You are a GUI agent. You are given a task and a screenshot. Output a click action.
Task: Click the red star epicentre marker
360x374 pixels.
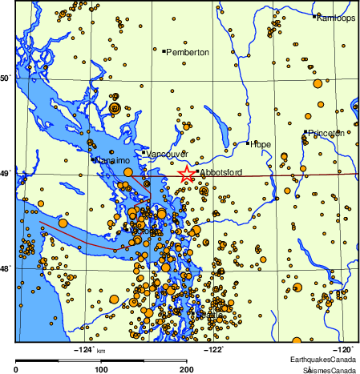click(186, 174)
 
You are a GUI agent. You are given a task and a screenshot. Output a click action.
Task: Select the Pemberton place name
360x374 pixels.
click(188, 52)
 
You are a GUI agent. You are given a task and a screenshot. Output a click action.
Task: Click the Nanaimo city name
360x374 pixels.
click(112, 161)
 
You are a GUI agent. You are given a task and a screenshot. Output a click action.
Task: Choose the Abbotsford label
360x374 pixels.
click(219, 172)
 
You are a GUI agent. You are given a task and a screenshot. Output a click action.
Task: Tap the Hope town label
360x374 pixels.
click(261, 144)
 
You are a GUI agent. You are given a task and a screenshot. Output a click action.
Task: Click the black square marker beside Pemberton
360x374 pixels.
click(164, 51)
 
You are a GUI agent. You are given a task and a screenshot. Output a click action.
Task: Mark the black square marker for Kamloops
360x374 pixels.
click(316, 16)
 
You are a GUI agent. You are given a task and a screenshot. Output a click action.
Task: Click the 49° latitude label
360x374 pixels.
click(6, 173)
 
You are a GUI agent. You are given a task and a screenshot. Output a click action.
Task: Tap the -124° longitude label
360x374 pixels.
click(83, 349)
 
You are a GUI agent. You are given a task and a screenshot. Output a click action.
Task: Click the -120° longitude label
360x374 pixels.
click(342, 349)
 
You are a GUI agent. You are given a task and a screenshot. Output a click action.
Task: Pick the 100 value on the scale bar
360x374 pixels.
click(102, 369)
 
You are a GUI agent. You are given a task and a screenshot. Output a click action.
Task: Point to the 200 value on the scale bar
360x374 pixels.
click(187, 369)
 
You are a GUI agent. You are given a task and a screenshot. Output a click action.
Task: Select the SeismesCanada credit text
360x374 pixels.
click(330, 370)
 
